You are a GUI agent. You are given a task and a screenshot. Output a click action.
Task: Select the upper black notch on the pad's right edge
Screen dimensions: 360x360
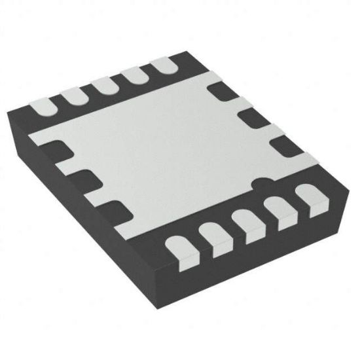219,90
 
